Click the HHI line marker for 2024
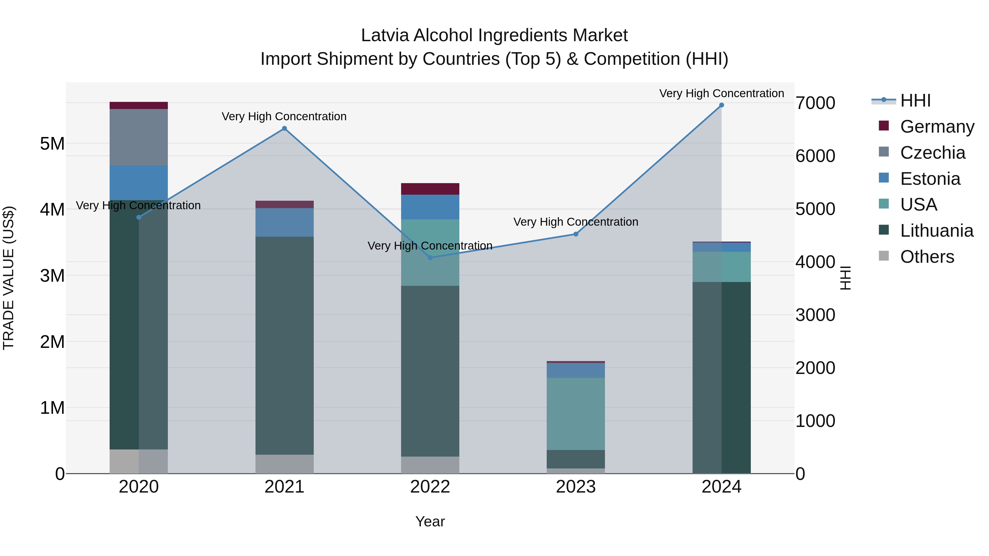coord(721,105)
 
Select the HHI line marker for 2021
coord(285,128)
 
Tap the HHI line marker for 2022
coord(430,258)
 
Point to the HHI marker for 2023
coord(576,234)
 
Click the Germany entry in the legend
coord(937,127)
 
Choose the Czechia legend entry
coord(932,153)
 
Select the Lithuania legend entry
coord(937,231)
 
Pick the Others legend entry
coord(927,257)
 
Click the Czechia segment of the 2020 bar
coord(139,137)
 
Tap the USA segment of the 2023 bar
coord(576,414)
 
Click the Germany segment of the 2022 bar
coord(430,189)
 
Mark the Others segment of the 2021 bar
coord(285,464)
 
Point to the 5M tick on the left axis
coord(52,144)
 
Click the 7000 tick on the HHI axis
coord(815,103)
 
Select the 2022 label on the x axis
coord(430,487)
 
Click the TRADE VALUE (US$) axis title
coord(9,278)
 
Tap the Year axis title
coord(430,521)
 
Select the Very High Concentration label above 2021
coord(284,116)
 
